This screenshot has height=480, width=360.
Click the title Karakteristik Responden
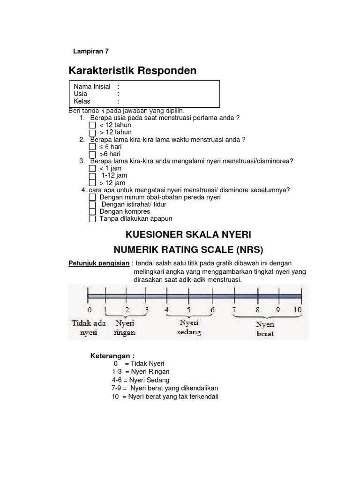133,71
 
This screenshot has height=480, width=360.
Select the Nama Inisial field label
92,86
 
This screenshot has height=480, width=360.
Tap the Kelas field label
82,101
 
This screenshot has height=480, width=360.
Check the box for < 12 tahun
92,126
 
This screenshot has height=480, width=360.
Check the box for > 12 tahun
92,133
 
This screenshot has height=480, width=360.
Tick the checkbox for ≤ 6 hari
92,147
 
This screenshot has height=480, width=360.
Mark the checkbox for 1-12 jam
92,176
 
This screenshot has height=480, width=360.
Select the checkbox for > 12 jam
92,183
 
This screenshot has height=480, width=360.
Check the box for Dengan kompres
92,212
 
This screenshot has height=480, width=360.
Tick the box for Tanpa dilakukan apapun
92,219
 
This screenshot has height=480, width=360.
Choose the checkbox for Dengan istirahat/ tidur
92,205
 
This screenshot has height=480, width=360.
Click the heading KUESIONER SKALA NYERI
186,234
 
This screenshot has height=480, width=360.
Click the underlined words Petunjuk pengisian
98,263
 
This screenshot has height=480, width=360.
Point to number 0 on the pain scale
89,310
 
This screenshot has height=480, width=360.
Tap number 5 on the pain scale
188,310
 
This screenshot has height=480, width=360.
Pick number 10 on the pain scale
298,310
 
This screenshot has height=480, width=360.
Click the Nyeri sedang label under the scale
189,328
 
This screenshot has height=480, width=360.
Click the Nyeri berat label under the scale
265,329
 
